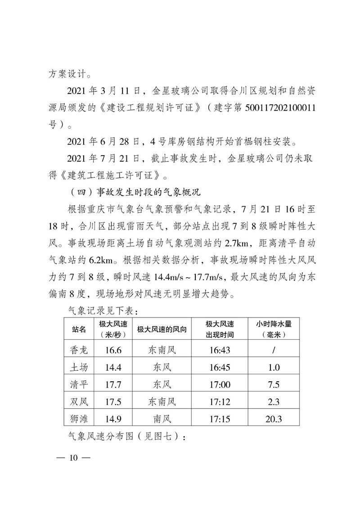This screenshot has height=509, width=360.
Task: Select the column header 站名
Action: point(79,329)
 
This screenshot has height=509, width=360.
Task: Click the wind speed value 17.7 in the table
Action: point(112,385)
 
